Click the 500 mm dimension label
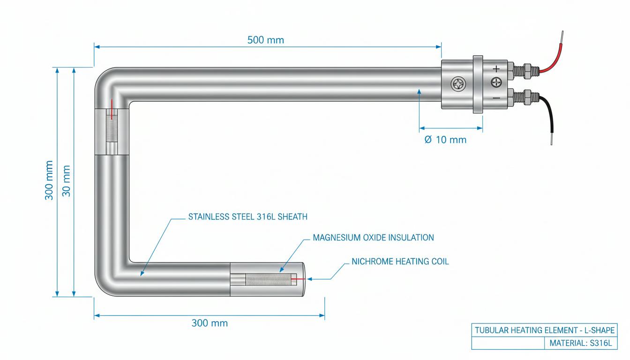(x=265, y=40)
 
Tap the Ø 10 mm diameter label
(x=445, y=140)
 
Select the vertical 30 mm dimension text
(x=66, y=180)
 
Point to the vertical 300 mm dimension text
(x=49, y=180)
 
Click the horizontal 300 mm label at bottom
(x=210, y=323)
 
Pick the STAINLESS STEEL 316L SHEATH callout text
(x=248, y=217)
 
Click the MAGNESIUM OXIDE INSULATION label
(x=373, y=238)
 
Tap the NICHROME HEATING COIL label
(x=400, y=262)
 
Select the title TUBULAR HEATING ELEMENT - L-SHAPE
(x=545, y=330)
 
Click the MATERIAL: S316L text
(x=580, y=343)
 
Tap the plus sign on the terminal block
(x=496, y=68)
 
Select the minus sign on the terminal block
(x=496, y=98)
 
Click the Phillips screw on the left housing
(x=458, y=84)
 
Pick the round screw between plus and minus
(x=496, y=82)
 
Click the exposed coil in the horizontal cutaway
(x=268, y=279)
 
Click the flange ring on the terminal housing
(x=478, y=84)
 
